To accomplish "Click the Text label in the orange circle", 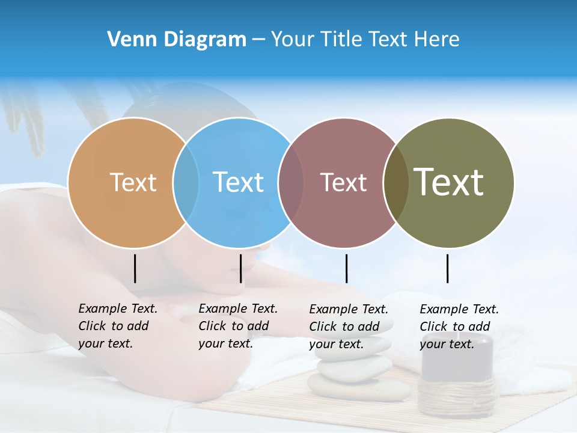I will tap(133, 182).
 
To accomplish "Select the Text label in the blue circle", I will tap(239, 182).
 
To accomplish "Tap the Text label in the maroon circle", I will tap(343, 182).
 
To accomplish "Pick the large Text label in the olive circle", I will tap(449, 182).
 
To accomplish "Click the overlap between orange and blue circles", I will tap(186, 182).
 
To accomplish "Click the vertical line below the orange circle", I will tap(135, 268).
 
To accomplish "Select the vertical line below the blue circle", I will tap(240, 268).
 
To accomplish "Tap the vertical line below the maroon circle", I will tap(347, 268).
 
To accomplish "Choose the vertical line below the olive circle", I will tap(448, 268).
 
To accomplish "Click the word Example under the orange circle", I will tap(103, 309).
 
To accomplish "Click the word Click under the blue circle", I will tap(212, 326).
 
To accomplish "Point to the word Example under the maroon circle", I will tap(334, 309).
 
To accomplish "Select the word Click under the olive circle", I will tap(433, 327).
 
